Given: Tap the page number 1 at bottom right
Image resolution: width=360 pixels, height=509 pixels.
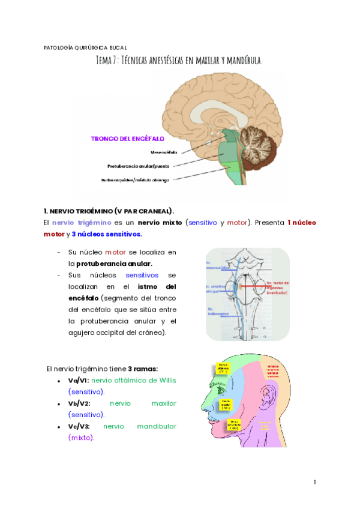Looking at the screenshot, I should pyautogui.click(x=314, y=482).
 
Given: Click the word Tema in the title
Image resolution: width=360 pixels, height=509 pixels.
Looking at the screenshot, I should pyautogui.click(x=107, y=61).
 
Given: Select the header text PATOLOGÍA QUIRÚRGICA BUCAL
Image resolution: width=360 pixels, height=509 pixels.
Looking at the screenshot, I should pyautogui.click(x=86, y=47).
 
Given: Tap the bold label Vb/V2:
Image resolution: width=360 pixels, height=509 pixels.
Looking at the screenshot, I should pyautogui.click(x=79, y=403).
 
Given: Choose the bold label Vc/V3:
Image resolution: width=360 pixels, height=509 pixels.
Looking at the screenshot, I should pyautogui.click(x=79, y=426).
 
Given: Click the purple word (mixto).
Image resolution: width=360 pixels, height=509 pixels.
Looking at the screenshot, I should pyautogui.click(x=82, y=438).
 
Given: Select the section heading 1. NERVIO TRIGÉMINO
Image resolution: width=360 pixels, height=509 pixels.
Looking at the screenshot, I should pyautogui.click(x=109, y=211).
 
